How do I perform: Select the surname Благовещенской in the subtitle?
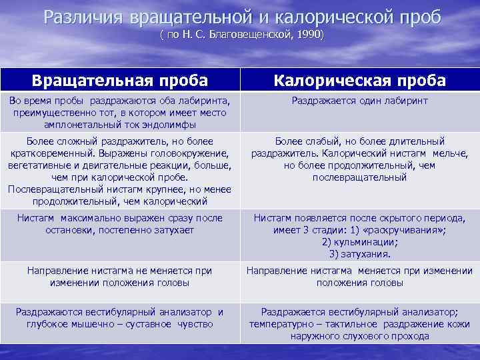pyautogui.click(x=255, y=33)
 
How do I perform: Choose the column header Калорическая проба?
pyautogui.click(x=360, y=81)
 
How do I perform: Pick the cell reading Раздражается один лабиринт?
pyautogui.click(x=360, y=101)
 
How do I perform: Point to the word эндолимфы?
pyautogui.click(x=174, y=125)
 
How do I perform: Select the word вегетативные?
pyautogui.click(x=39, y=165)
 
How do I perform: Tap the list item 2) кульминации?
pyautogui.click(x=360, y=242)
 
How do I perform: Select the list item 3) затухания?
pyautogui.click(x=360, y=254)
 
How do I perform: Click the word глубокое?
pyautogui.click(x=49, y=324)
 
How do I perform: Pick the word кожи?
pyautogui.click(x=458, y=324)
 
